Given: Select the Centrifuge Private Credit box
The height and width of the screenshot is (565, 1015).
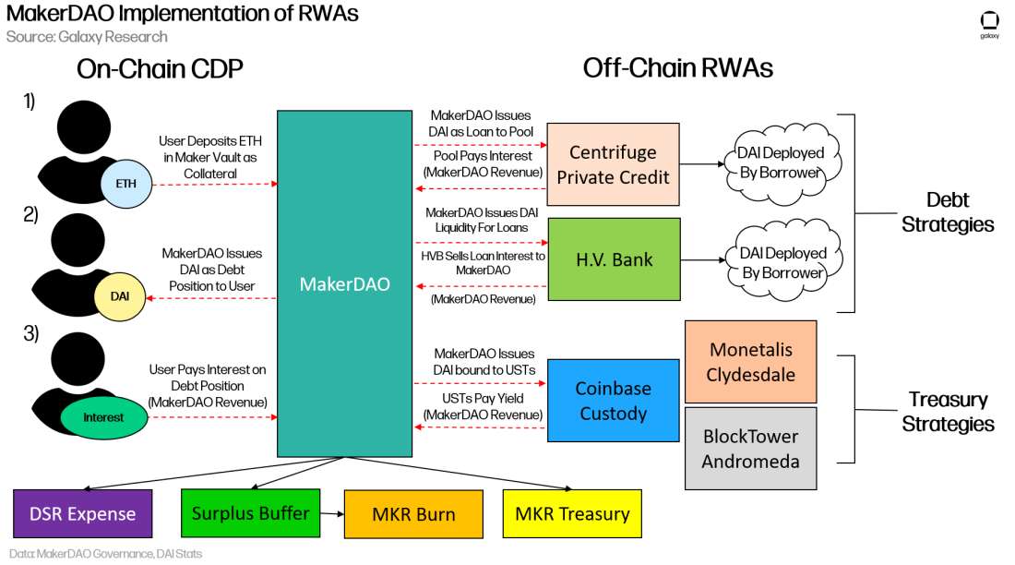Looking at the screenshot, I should (x=613, y=163).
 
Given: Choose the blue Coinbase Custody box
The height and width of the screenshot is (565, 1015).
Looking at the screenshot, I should (x=612, y=401).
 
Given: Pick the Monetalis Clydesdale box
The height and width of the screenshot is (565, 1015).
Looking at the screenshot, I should (x=750, y=361).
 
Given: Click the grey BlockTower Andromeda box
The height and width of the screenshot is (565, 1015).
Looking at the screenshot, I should (x=750, y=448).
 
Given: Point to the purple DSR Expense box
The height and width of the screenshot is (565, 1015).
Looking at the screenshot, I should (x=82, y=513).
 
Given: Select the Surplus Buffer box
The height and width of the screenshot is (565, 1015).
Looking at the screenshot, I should (x=250, y=512).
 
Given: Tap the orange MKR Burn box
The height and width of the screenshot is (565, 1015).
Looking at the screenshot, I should (x=413, y=514).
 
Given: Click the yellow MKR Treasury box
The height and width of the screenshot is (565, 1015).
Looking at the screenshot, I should (x=573, y=513).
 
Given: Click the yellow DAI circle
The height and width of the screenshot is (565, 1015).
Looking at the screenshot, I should (x=121, y=295).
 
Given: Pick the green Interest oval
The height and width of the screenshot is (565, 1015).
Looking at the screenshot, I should (x=103, y=417).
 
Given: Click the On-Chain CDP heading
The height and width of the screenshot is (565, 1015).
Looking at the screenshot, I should (x=160, y=68).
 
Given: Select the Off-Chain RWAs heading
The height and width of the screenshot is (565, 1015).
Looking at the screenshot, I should (x=677, y=68).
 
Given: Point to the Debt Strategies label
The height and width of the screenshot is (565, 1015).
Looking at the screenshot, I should (x=948, y=212).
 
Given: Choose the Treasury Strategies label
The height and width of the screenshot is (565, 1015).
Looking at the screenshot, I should (x=948, y=412).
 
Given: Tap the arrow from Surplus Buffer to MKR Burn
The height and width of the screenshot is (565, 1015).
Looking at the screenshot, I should (x=331, y=512).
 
